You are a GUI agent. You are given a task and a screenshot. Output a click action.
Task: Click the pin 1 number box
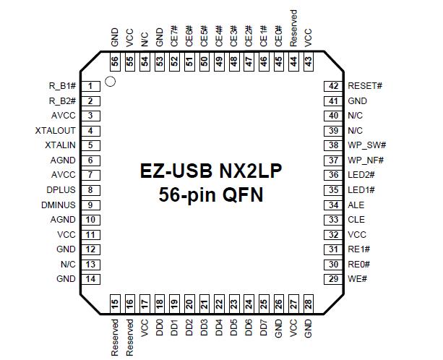(90, 86)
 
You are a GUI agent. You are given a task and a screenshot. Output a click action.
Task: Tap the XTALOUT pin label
(56, 131)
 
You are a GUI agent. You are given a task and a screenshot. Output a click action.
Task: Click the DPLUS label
(60, 190)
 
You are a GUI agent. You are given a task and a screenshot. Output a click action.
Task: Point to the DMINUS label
(58, 205)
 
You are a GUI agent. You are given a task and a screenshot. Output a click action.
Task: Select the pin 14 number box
(90, 279)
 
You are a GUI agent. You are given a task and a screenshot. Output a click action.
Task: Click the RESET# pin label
(365, 86)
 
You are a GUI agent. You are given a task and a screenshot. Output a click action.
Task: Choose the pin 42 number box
(333, 86)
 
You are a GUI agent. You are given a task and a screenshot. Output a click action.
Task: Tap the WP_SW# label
(366, 145)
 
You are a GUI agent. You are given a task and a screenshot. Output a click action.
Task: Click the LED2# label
(361, 175)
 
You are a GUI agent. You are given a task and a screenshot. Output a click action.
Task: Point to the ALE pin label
(356, 205)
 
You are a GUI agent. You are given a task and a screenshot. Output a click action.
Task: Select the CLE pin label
(356, 220)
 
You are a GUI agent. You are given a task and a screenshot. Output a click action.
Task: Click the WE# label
(356, 279)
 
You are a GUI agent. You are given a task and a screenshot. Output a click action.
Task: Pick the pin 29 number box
(333, 279)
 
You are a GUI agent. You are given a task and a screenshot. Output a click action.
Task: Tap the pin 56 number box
(115, 62)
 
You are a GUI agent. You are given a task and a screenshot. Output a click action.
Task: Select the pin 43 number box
(309, 62)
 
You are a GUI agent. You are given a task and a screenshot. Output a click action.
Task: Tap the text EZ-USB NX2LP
(212, 172)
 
